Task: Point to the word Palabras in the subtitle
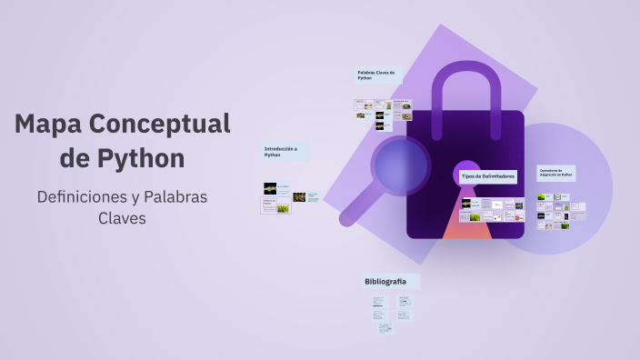[174, 196]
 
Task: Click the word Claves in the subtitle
[122, 218]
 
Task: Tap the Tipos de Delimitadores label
[488, 175]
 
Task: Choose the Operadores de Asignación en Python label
[556, 172]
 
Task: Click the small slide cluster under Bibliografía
[392, 311]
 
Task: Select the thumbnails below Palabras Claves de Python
[382, 115]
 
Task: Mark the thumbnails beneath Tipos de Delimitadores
[492, 211]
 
